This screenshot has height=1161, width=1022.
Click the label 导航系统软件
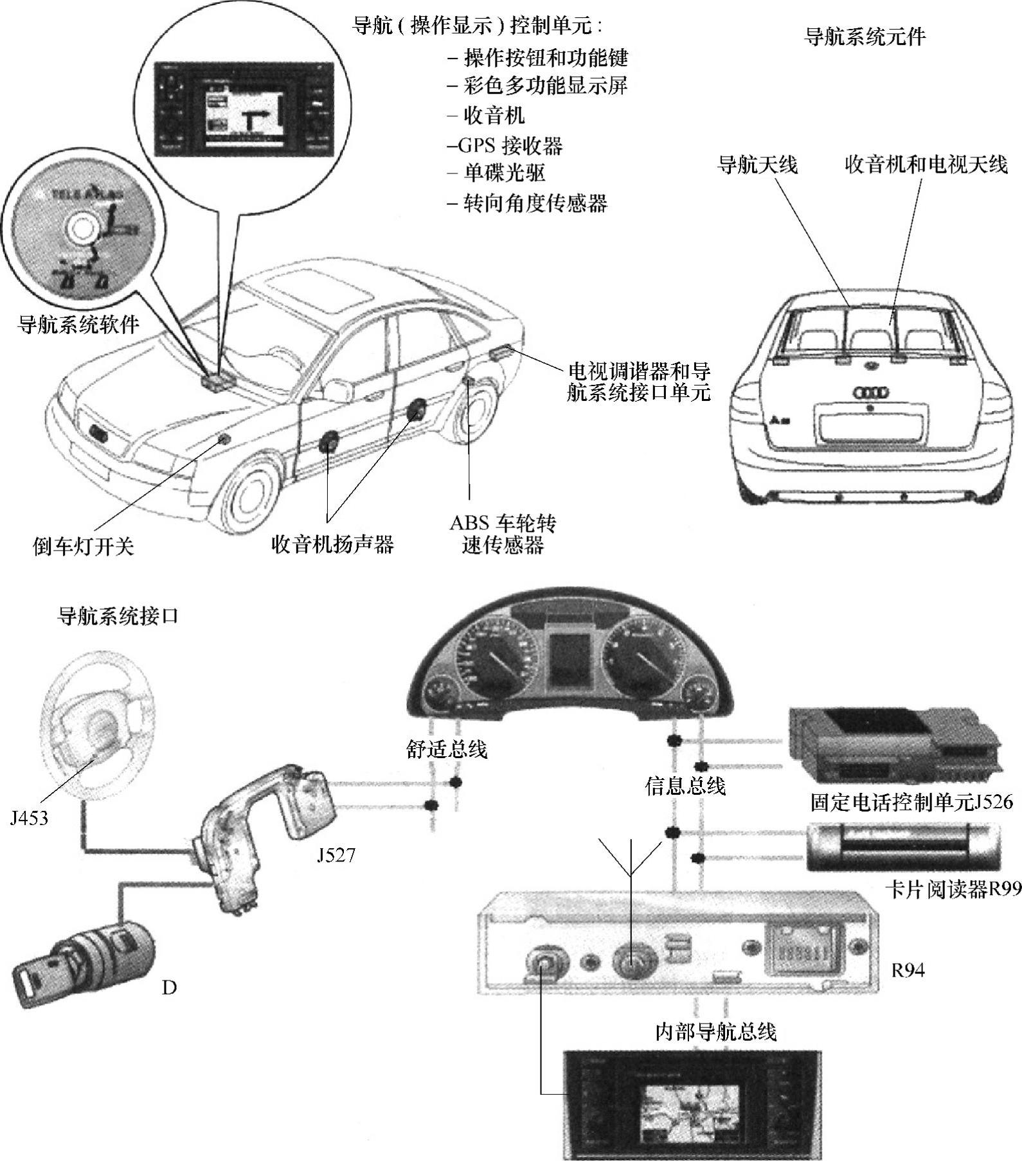pyautogui.click(x=78, y=324)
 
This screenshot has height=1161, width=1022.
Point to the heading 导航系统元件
pyautogui.click(x=865, y=37)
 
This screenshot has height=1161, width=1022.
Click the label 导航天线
pyautogui.click(x=757, y=165)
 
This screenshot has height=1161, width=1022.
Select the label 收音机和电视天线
pyautogui.click(x=926, y=165)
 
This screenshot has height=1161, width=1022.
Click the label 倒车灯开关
pyautogui.click(x=84, y=546)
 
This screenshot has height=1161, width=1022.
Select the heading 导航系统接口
pyautogui.click(x=118, y=617)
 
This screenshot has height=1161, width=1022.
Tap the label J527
pyautogui.click(x=335, y=855)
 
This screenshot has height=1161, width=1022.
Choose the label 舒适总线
pyautogui.click(x=447, y=749)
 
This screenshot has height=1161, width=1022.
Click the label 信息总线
pyautogui.click(x=685, y=785)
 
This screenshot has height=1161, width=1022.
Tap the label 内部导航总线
pyautogui.click(x=715, y=1032)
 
